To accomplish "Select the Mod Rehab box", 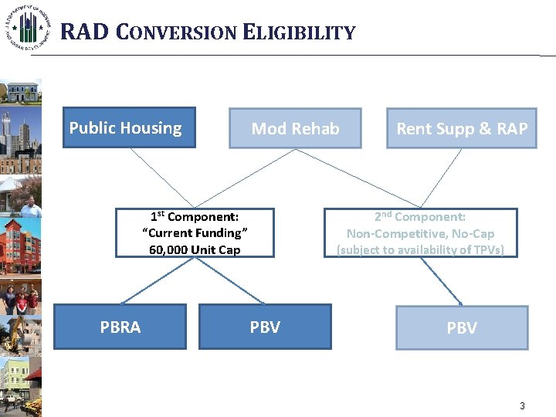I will point(295,128).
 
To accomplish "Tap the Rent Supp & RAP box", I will point(462,128).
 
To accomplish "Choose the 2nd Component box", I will point(420,232).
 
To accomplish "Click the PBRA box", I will point(120,327).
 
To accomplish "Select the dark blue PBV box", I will point(265,327).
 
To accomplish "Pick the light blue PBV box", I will point(462,327).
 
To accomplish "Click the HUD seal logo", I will point(29,27).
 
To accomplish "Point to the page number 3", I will point(522,406).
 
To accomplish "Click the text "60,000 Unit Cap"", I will point(195,249).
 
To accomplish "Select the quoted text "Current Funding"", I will point(195,233).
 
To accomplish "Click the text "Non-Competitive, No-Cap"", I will point(420,233).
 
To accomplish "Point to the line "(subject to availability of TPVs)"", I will point(420,249).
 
